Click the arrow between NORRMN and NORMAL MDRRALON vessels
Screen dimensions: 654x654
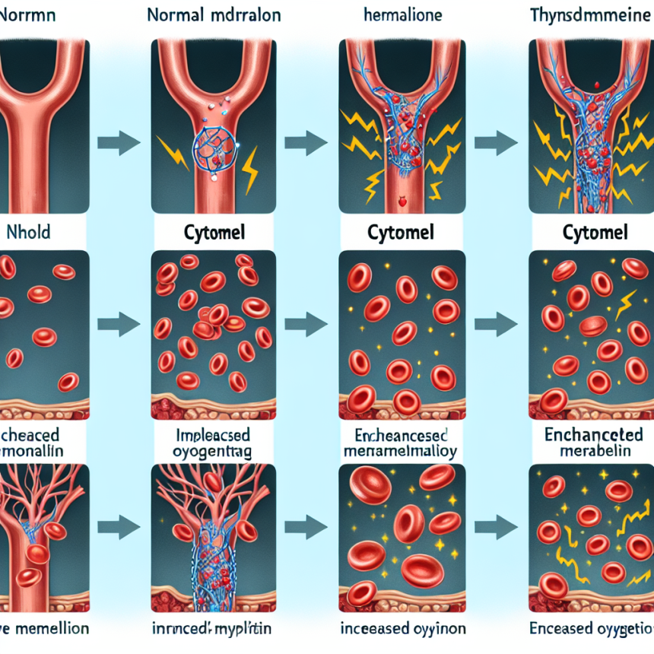click(x=119, y=141)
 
